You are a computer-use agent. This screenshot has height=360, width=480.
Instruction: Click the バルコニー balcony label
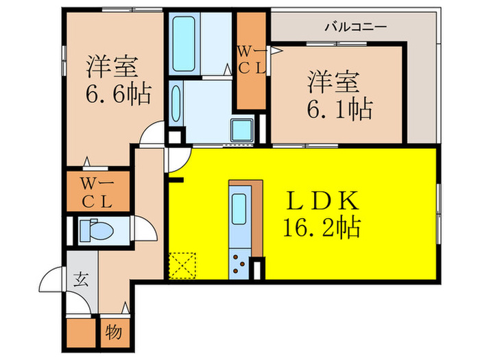pos(355,27)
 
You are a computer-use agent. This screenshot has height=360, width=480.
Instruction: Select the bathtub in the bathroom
pos(182,43)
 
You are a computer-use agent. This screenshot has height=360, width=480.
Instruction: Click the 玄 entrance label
pos(81,279)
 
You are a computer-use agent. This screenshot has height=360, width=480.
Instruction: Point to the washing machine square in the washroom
pos(241,129)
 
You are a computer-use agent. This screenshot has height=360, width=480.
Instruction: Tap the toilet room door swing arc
pos(143,227)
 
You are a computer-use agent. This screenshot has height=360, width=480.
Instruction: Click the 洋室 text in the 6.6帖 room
pos(112,67)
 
